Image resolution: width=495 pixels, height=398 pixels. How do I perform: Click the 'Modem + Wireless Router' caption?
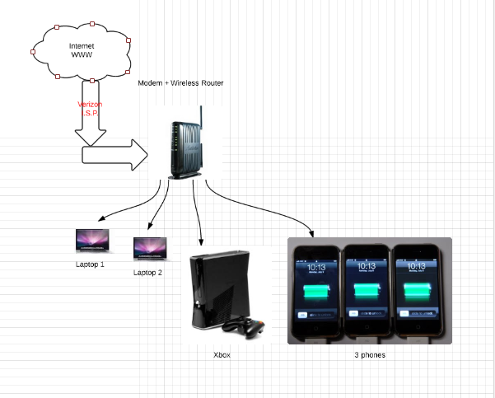(x=180, y=83)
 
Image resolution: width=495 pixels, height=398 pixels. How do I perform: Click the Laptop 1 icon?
(x=91, y=241)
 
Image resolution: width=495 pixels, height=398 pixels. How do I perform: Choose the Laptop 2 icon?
(x=150, y=247)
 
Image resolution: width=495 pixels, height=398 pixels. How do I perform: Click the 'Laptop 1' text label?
(x=91, y=265)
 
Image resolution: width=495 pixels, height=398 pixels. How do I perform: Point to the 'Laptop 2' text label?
(x=148, y=271)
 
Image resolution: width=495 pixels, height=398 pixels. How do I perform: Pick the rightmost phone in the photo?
(x=417, y=293)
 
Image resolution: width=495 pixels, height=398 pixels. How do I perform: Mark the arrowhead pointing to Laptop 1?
(x=101, y=220)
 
